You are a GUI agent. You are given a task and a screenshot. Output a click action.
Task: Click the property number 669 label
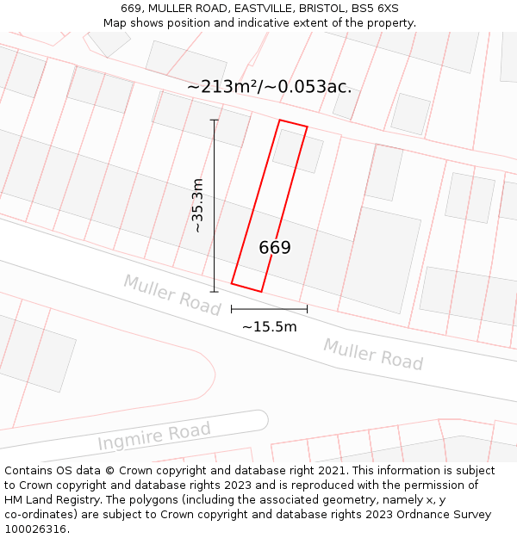(x=275, y=248)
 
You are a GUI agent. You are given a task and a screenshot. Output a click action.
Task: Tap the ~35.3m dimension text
(x=197, y=206)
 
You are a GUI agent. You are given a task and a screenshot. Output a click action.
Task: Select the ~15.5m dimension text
(x=269, y=327)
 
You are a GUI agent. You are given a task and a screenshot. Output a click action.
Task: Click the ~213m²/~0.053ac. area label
(x=269, y=87)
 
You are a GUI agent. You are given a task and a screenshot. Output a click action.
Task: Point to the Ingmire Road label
(x=153, y=436)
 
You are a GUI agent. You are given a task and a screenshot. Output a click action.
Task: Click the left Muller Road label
(x=172, y=294)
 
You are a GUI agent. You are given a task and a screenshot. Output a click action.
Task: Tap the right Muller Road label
(x=373, y=354)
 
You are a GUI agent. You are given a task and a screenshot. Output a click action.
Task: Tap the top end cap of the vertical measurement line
(x=214, y=121)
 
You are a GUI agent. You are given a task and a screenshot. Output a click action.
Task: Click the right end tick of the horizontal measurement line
(x=307, y=308)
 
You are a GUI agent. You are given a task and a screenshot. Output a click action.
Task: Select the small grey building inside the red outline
(x=297, y=150)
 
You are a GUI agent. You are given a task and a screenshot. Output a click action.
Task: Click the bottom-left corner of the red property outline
(x=232, y=281)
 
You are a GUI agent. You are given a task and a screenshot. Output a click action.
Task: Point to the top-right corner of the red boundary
(x=307, y=127)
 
